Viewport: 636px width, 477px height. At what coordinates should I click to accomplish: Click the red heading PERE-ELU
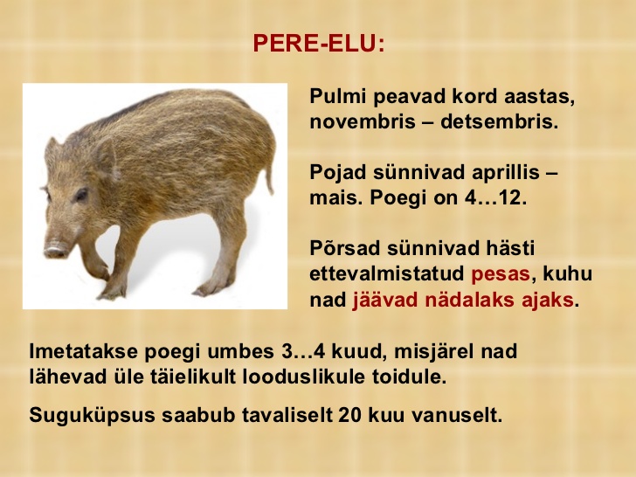[318, 43]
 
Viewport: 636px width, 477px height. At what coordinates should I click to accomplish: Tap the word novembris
[363, 121]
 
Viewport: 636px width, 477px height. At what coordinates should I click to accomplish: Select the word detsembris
[500, 121]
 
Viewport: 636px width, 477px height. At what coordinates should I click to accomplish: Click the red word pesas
[501, 274]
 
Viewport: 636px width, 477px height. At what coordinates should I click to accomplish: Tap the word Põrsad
[345, 248]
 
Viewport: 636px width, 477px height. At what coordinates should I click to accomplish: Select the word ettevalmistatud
[386, 273]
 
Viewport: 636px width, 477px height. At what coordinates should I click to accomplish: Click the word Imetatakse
[84, 351]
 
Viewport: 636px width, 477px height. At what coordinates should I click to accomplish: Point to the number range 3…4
[303, 351]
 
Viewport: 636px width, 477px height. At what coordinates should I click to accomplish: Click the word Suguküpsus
[92, 415]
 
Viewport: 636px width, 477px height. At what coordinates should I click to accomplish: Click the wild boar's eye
[81, 194]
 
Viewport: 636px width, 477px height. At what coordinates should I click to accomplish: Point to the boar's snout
[56, 250]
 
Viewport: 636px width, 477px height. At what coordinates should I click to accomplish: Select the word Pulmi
[338, 96]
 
